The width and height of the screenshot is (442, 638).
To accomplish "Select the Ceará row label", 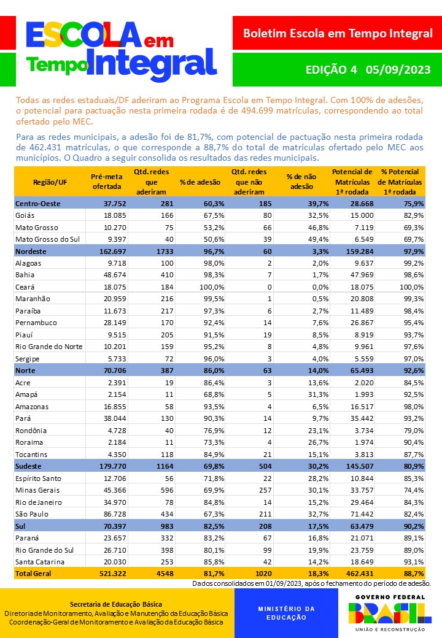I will [25, 286].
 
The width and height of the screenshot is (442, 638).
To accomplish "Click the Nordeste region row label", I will [31, 251].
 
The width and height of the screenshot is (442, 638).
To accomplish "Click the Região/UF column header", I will [50, 182].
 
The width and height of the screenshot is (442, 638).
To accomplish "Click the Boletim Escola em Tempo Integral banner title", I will [337, 33].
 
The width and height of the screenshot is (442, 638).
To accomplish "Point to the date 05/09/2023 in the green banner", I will [398, 69].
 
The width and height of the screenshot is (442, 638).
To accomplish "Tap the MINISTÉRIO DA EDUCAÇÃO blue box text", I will [285, 613].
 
